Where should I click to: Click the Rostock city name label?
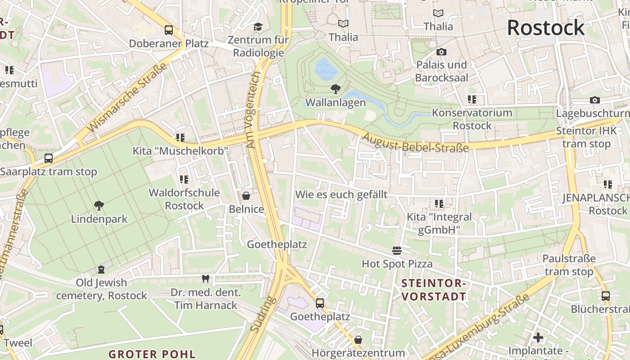point(546,28)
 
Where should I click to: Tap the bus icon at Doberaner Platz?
point(169,30)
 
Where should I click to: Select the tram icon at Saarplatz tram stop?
point(49,158)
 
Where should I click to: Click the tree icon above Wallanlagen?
point(335,89)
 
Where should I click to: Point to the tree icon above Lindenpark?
point(99,206)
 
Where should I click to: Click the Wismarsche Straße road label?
point(126,98)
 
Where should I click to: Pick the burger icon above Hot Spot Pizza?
point(396,250)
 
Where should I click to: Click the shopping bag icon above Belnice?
point(246,196)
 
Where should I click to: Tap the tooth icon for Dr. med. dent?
point(206,279)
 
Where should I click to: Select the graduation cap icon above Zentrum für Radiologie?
point(258,27)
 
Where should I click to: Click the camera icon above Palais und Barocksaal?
point(441,52)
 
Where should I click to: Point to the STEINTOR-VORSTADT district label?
point(434,290)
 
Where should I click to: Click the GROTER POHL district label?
point(152,354)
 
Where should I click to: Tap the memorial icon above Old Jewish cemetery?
point(101,269)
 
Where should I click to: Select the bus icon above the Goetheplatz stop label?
point(320,303)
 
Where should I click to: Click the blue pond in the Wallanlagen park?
point(326,68)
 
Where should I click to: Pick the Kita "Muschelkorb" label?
point(180,151)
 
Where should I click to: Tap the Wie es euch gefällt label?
point(341,194)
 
